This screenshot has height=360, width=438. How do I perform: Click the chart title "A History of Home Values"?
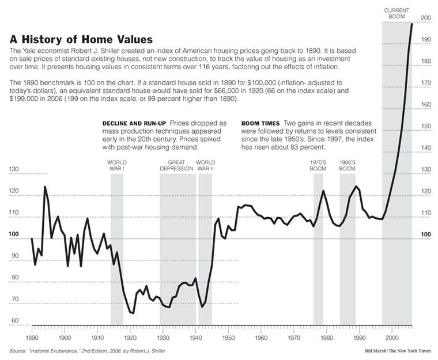coord(81,40)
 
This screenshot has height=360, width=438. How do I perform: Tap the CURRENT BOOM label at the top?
coord(397,13)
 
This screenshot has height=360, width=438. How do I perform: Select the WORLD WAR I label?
coord(117,166)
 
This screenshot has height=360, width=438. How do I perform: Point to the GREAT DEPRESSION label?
coord(178,166)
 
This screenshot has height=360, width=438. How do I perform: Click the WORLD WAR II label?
coord(205,166)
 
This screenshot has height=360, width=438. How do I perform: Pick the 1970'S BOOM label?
coord(318,166)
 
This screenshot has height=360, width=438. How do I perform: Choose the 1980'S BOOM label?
coord(347,166)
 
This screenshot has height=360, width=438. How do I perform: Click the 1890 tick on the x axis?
coord(32,337)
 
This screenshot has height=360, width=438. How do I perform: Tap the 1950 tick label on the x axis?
coord(229,337)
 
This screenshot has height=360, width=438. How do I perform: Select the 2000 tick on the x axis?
coord(393,337)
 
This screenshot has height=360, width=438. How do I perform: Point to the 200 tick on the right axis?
coord(426,18)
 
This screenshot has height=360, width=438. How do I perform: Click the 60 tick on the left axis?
coord(14,321)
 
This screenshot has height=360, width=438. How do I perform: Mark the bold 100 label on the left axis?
coord(14,234)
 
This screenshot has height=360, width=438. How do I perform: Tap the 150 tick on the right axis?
coord(426,126)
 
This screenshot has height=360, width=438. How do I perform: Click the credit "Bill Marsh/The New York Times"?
coord(397,350)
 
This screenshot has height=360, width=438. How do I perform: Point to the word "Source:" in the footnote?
coord(18,350)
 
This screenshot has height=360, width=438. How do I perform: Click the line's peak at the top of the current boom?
coord(412,24)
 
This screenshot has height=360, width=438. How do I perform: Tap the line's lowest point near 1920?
coord(133,313)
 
